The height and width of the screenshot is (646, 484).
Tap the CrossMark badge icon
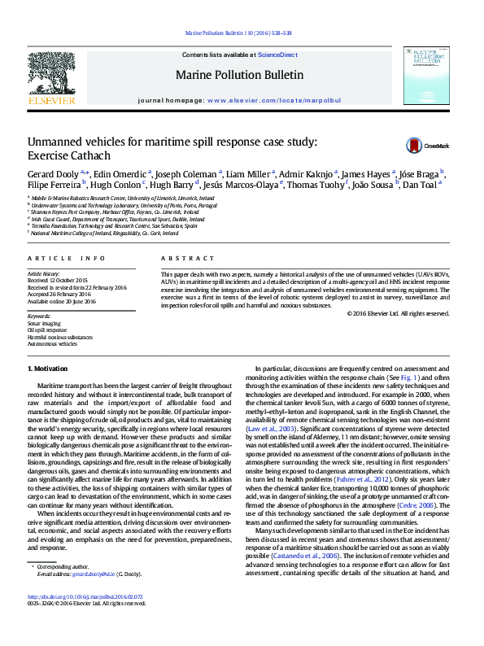(415, 146)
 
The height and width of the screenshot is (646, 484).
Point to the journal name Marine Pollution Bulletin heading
(239, 75)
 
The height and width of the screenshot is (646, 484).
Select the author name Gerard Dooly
(54, 174)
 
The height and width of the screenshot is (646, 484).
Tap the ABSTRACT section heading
(183, 258)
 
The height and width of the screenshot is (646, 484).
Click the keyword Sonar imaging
(45, 323)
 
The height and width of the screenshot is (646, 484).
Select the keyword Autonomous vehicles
(53, 344)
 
